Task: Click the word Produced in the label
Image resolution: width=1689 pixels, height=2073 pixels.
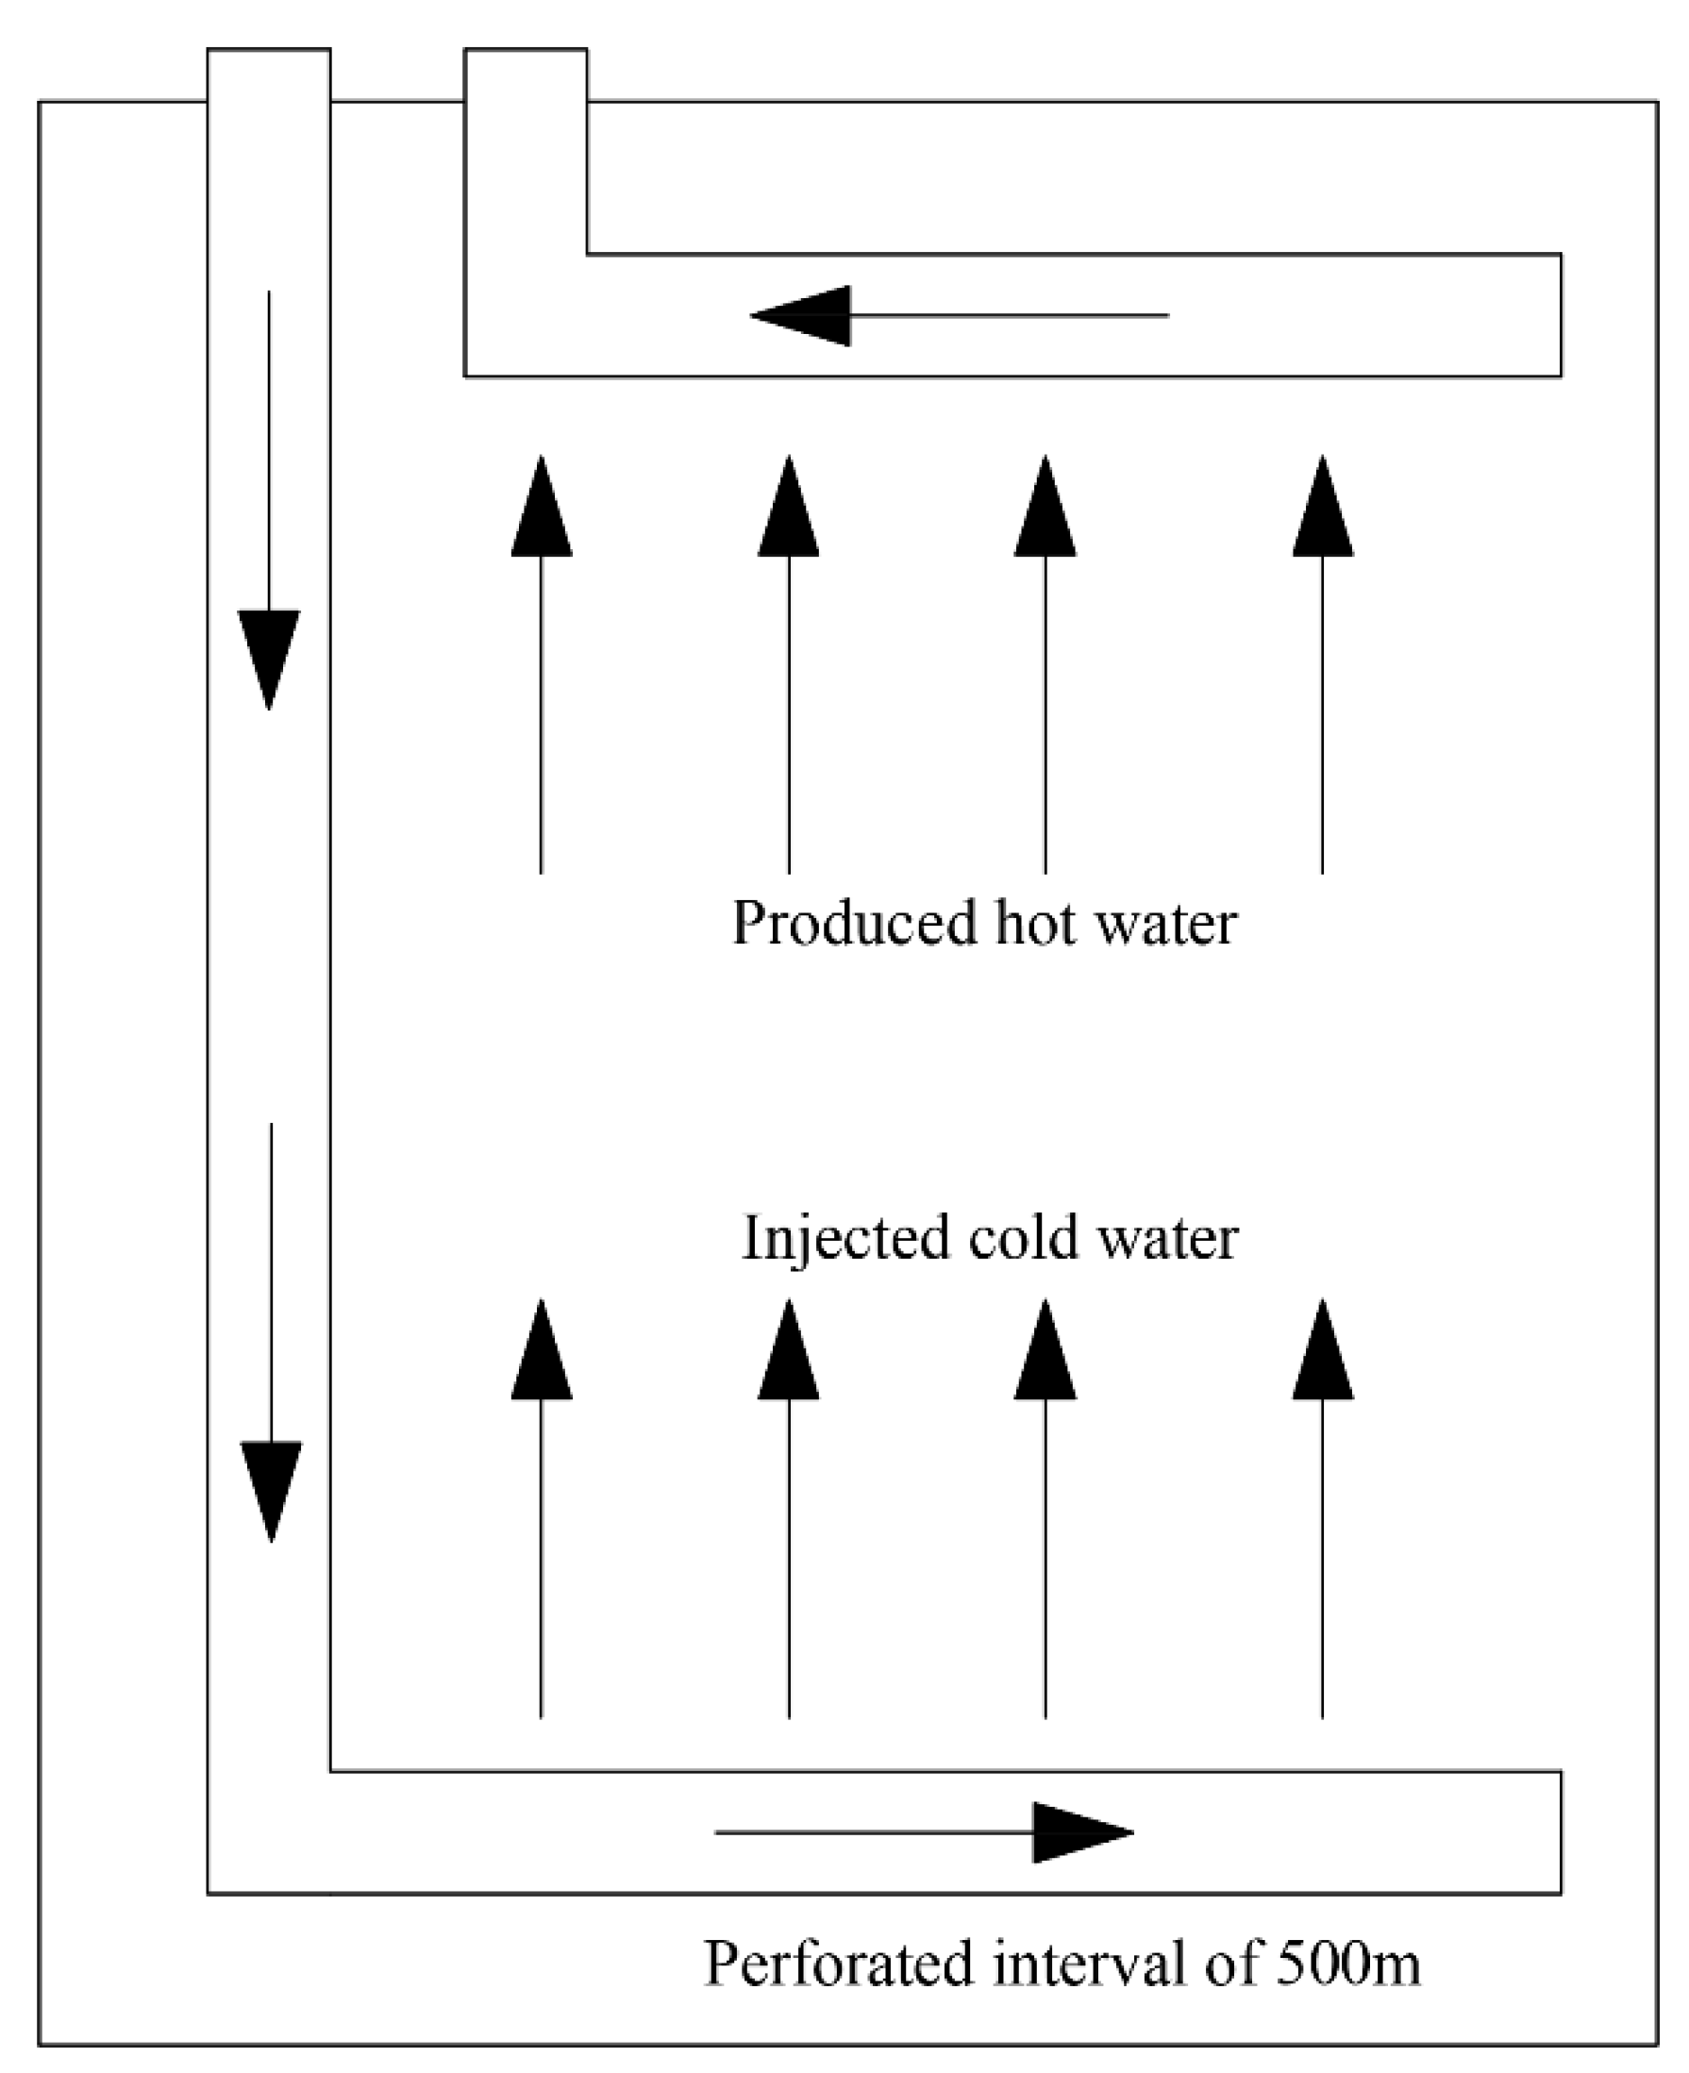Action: click(x=853, y=924)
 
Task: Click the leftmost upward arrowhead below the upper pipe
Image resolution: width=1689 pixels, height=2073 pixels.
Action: click(x=542, y=510)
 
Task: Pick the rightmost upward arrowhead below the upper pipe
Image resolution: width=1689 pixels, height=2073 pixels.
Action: click(x=1322, y=510)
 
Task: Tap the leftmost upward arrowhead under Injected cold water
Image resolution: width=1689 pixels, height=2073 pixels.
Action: click(x=542, y=1353)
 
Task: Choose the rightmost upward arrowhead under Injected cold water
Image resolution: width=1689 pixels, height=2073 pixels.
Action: click(x=1322, y=1353)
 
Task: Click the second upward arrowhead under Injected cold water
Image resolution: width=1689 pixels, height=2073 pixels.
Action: click(x=788, y=1353)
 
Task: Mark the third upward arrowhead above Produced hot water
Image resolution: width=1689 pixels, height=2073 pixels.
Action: click(x=1045, y=510)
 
